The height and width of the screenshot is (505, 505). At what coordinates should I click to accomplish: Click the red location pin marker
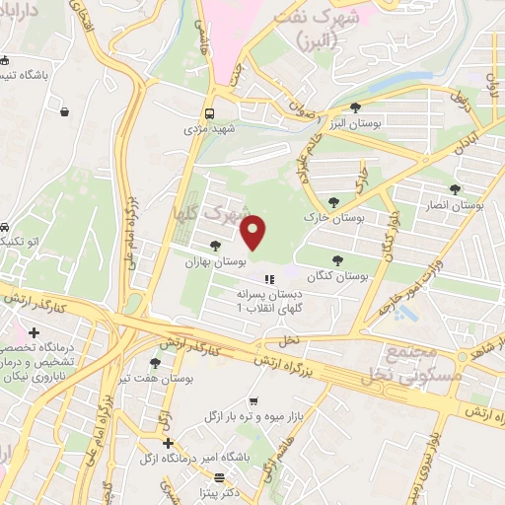tap(254, 233)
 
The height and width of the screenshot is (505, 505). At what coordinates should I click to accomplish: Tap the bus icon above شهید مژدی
tap(209, 112)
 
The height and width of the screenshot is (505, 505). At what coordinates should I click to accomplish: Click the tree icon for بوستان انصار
tap(454, 189)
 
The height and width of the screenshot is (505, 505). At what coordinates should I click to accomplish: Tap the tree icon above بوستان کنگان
tap(337, 261)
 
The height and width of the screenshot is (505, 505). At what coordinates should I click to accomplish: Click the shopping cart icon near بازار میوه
tap(253, 401)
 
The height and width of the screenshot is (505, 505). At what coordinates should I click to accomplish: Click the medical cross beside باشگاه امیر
tap(168, 444)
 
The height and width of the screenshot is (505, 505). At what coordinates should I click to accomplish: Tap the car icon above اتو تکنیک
tap(6, 225)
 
